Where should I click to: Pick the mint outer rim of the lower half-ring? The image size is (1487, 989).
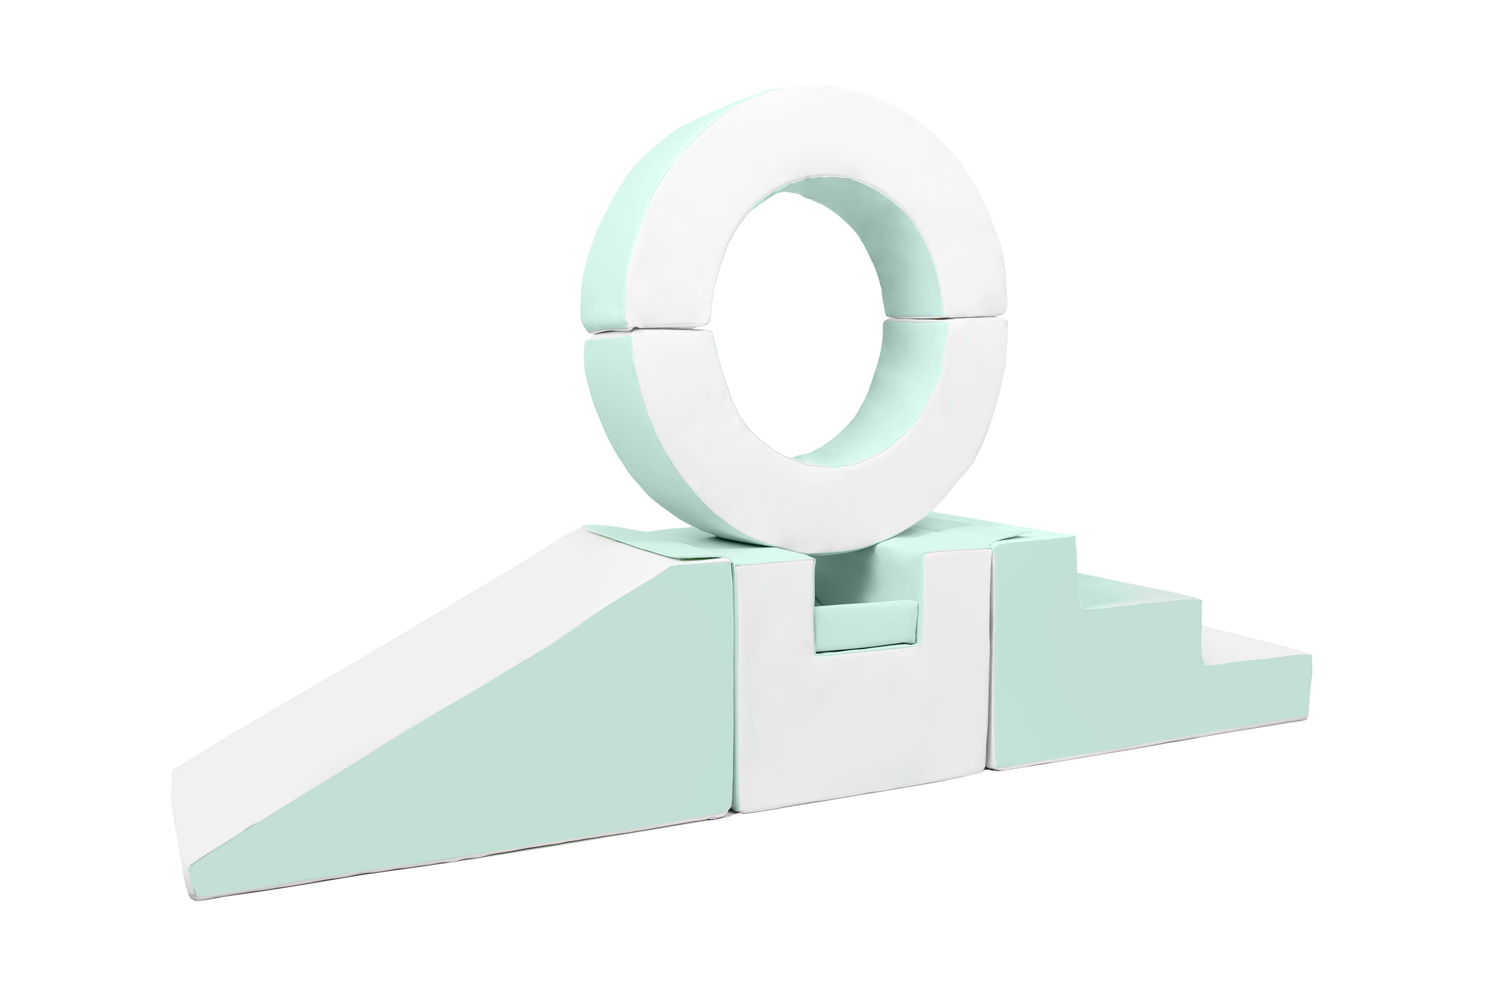pos(625,429)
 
